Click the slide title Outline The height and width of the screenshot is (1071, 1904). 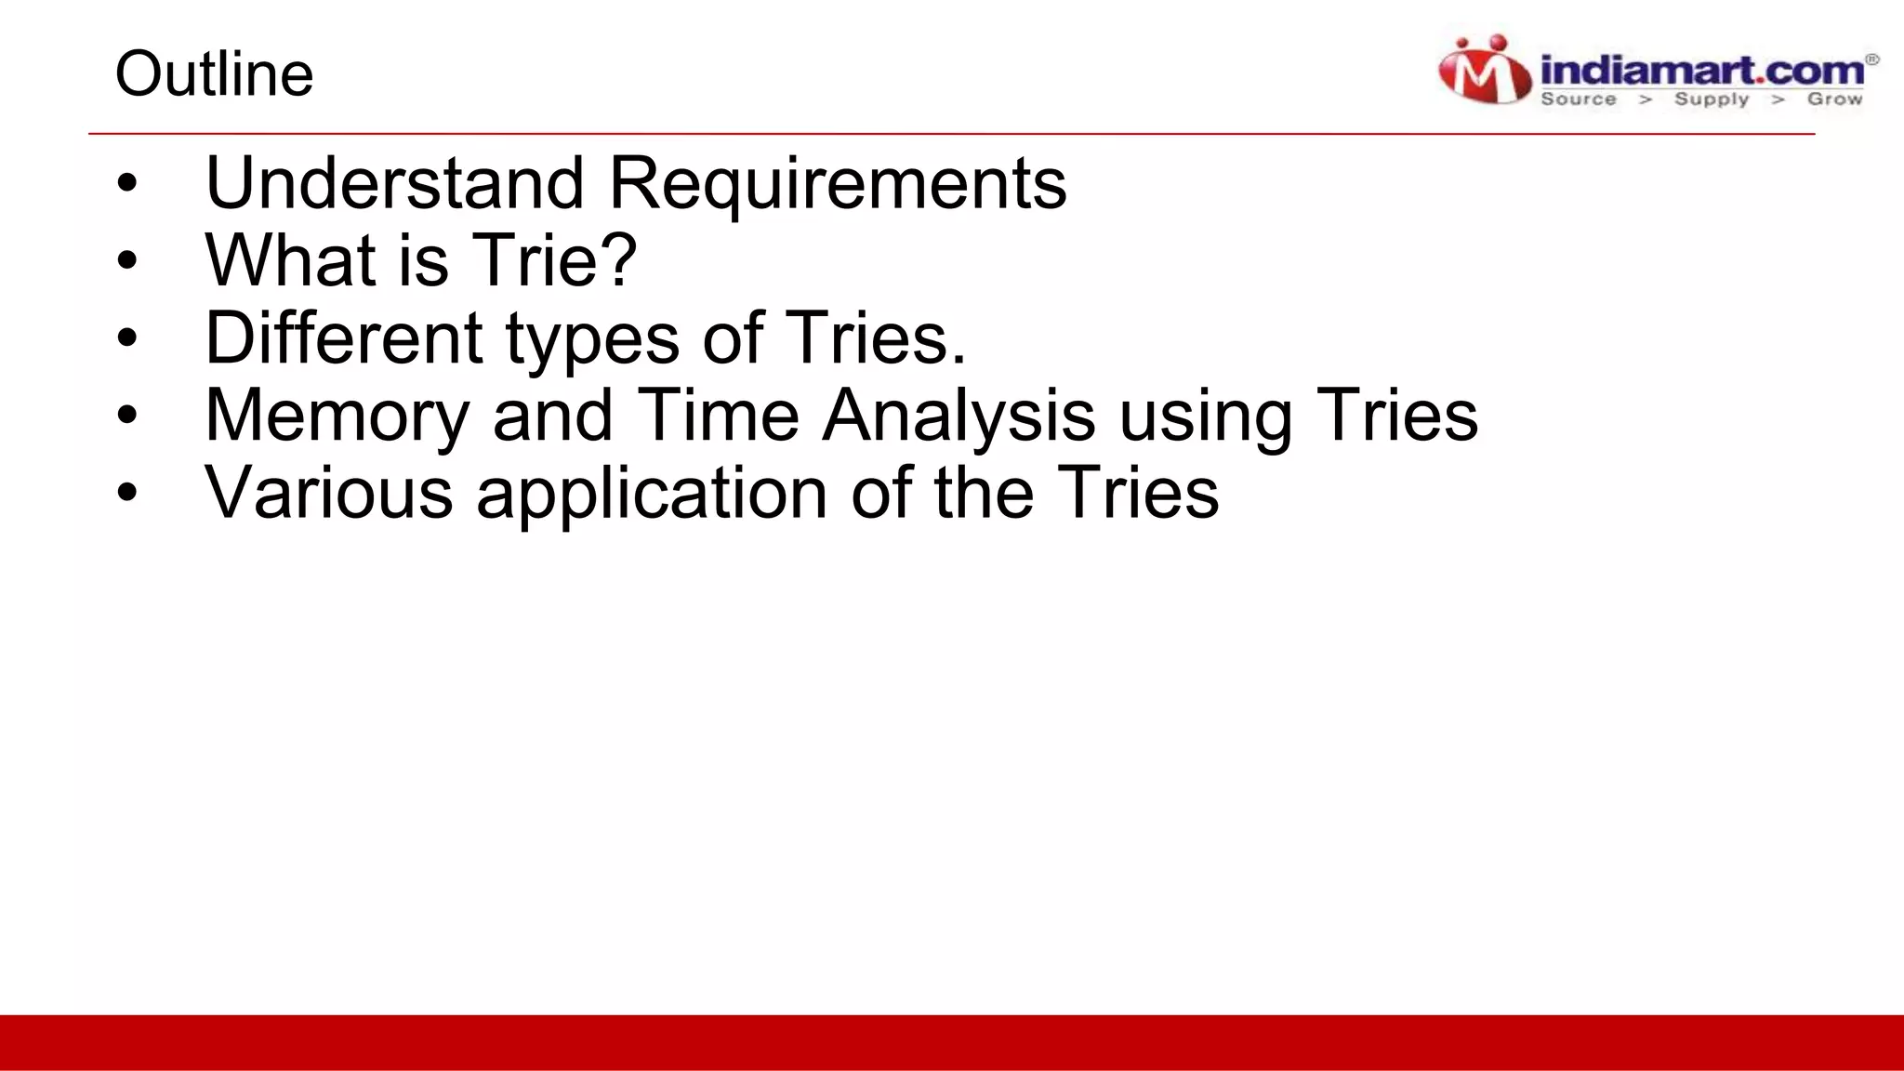coord(214,74)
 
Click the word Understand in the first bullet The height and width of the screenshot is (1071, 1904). coord(394,182)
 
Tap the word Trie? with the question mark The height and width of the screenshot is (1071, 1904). coord(555,259)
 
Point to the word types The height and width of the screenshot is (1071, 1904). coord(592,339)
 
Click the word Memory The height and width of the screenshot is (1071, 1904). coord(337,416)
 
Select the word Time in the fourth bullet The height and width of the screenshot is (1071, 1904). coord(718,415)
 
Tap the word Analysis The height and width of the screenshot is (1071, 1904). coord(959,416)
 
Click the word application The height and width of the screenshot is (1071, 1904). coord(652,494)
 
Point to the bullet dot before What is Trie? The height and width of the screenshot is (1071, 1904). coord(127,260)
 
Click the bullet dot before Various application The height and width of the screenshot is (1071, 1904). coord(127,494)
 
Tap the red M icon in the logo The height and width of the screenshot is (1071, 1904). coord(1485,71)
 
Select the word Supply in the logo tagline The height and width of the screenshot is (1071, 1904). coord(1712,99)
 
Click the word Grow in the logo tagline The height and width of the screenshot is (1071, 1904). coord(1834,99)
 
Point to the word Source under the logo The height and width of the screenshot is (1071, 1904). coord(1579,99)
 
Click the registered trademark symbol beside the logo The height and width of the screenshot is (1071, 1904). coord(1872,59)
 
